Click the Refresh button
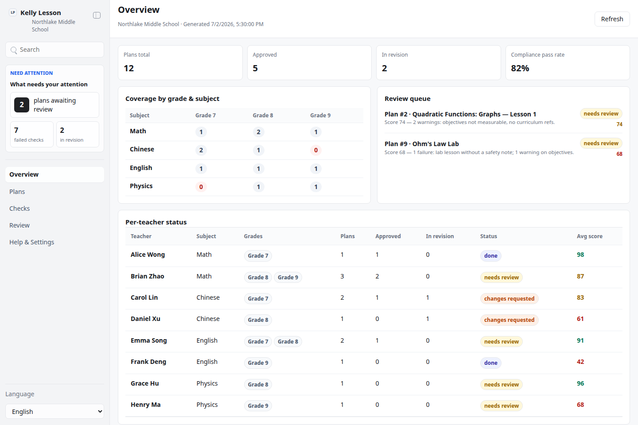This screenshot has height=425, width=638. tap(612, 19)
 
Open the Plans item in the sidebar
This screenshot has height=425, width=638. tap(17, 192)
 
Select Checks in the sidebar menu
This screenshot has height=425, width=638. tap(19, 209)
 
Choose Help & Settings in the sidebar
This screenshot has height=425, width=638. tap(31, 242)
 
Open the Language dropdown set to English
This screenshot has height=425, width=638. tap(54, 411)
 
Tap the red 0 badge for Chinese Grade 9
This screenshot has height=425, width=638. tap(315, 150)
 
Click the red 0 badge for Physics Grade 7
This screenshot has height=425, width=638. tap(201, 187)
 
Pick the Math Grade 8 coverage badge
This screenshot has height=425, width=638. tap(258, 132)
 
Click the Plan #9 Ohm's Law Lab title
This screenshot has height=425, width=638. tap(421, 144)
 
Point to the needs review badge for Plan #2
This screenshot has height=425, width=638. tap(601, 114)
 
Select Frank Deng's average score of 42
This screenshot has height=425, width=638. tap(580, 362)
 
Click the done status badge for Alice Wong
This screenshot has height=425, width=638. tap(490, 255)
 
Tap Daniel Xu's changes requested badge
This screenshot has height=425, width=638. tap(509, 320)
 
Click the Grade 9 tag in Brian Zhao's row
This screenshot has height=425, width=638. tap(288, 277)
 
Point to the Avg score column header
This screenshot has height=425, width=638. tap(590, 236)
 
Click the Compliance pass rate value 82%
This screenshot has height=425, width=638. tap(520, 68)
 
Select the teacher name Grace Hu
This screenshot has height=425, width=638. tap(145, 383)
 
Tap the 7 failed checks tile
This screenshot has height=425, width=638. tap(32, 134)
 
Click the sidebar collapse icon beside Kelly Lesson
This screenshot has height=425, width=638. tap(97, 15)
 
